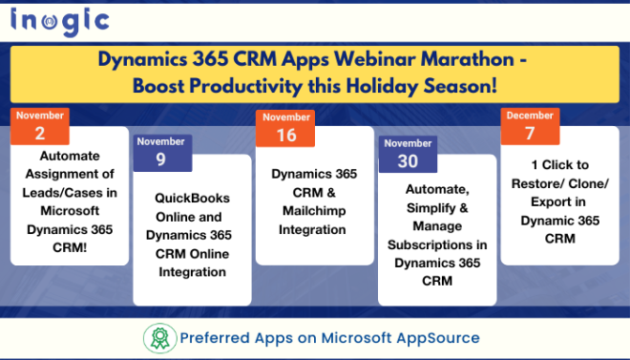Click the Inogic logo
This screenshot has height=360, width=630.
click(59, 20)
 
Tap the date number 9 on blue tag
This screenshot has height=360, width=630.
click(161, 159)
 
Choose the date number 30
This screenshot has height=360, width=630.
click(408, 160)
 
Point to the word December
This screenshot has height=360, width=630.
click(530, 116)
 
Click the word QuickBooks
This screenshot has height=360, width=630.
click(192, 198)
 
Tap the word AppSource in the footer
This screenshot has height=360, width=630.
click(437, 338)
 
